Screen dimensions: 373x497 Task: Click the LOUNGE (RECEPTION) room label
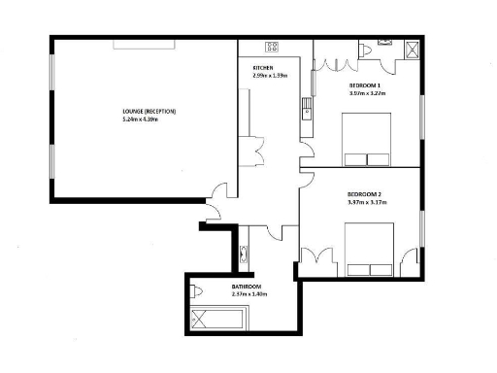point(149,112)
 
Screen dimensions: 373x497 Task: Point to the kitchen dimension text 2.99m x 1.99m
point(271,76)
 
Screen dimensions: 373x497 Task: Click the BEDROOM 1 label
point(366,86)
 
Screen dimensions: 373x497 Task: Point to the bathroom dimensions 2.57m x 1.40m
point(248,294)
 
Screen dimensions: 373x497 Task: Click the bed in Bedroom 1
point(368,140)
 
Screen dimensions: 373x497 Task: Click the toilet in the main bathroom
point(198,290)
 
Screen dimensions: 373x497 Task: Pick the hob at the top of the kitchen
point(273,46)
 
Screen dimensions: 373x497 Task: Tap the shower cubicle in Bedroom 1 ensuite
point(411,51)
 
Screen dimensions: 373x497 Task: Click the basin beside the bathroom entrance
point(243,255)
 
